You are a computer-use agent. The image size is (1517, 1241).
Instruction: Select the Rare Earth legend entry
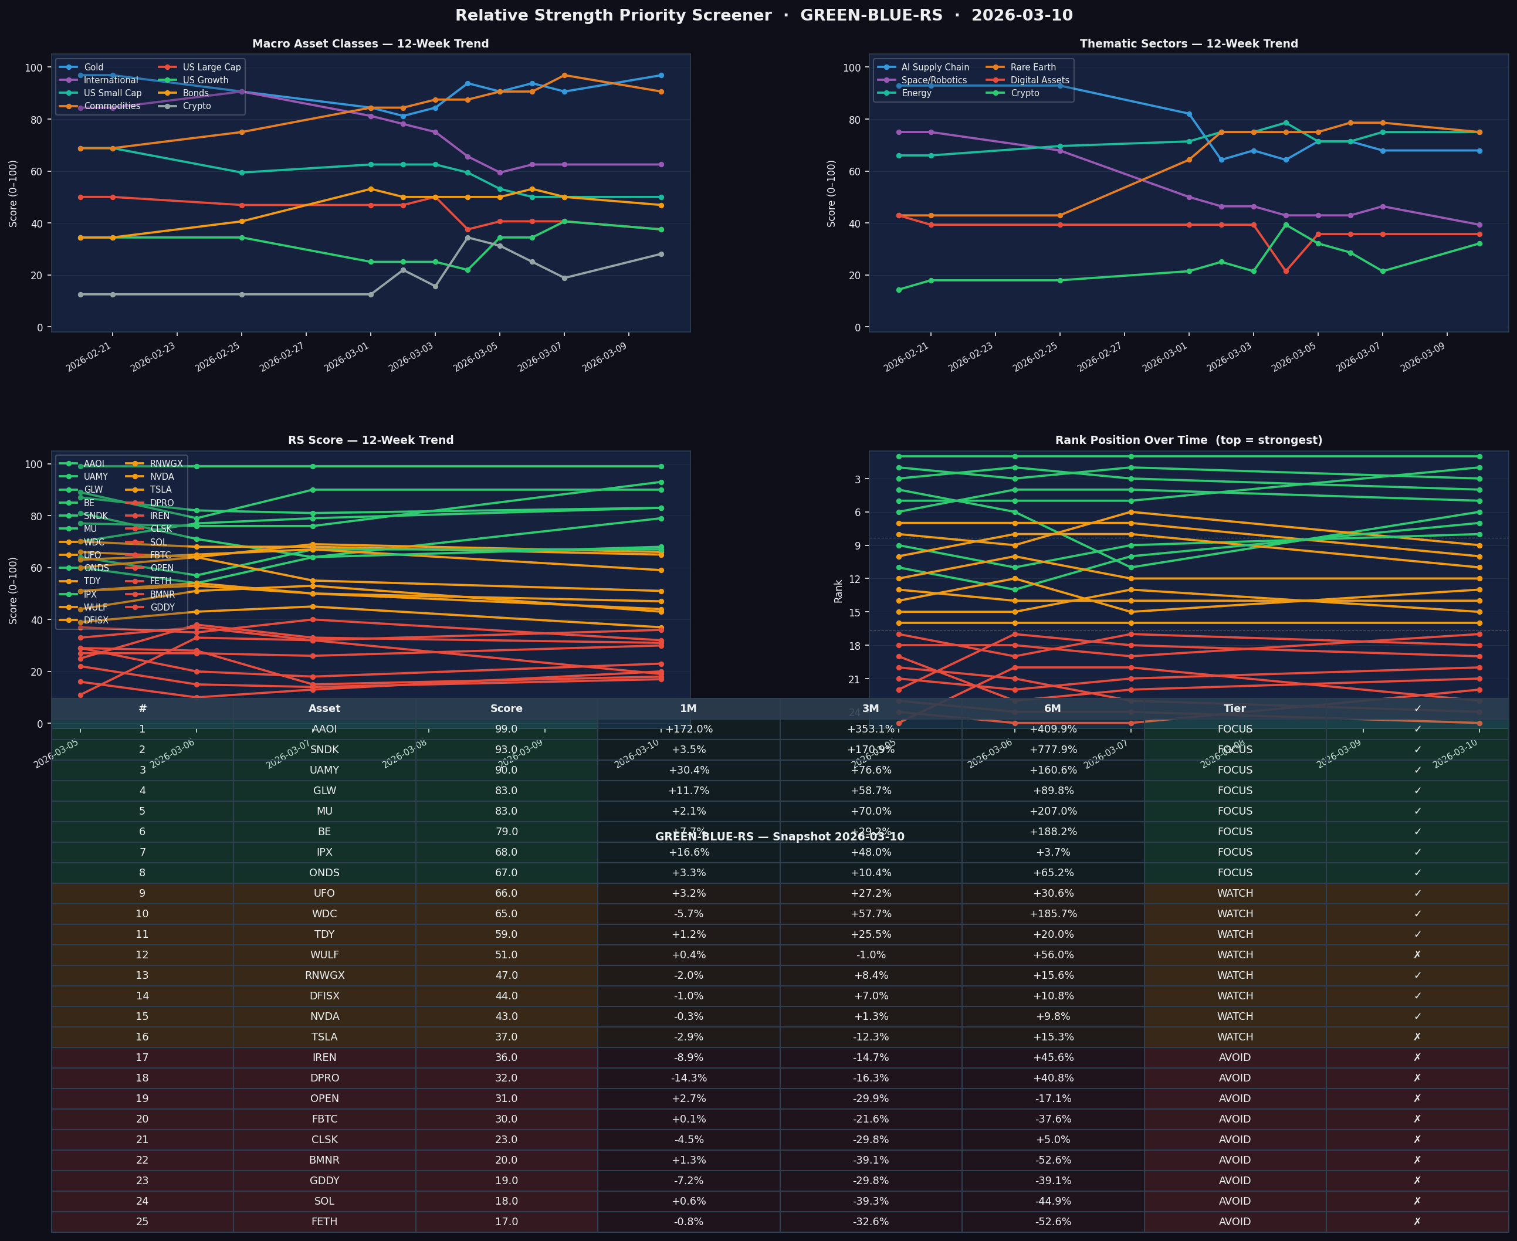1032,67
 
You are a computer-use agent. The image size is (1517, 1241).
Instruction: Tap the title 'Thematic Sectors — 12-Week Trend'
1188,43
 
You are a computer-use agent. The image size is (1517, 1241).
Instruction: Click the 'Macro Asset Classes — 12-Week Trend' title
370,43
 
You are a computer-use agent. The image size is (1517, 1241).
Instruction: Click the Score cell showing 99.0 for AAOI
506,729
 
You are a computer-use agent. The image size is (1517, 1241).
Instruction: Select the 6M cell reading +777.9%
1052,750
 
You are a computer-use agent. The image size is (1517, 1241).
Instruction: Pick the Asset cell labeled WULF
324,955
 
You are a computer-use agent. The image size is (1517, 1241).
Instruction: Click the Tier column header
1235,708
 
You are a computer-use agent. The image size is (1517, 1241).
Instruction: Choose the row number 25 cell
143,1222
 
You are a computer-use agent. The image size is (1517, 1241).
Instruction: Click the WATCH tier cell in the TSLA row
1235,1037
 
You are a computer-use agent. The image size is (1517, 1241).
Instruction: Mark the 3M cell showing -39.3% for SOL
870,1201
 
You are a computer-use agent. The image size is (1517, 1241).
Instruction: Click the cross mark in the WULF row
1417,955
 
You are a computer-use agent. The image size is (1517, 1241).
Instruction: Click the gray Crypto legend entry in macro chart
197,106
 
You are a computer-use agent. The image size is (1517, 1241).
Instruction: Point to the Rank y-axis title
838,591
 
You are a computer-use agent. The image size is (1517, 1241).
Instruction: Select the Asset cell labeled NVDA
324,1016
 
